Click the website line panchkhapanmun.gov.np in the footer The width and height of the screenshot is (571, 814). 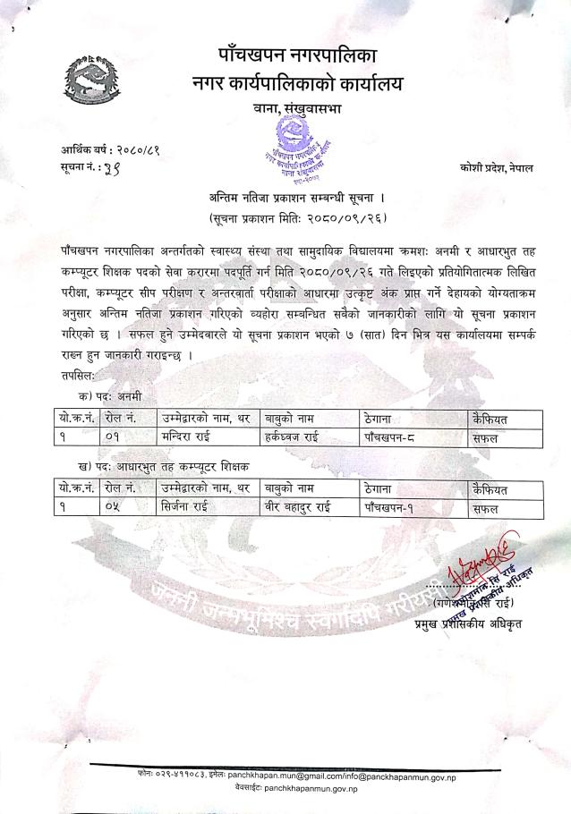pos(298,789)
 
